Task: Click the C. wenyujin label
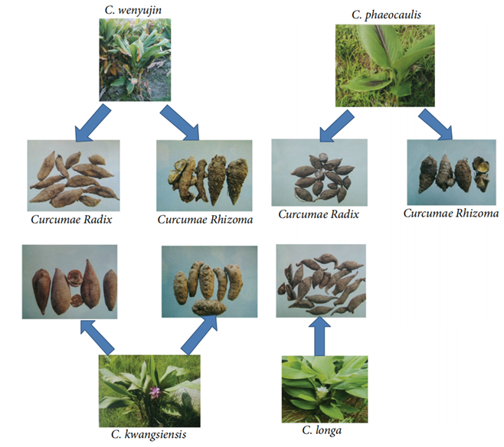pyautogui.click(x=136, y=10)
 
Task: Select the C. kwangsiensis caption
pyautogui.click(x=149, y=435)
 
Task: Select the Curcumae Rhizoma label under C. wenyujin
pyautogui.click(x=205, y=220)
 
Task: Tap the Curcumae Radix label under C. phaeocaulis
pyautogui.click(x=318, y=215)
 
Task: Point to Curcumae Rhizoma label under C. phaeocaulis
pyautogui.click(x=451, y=214)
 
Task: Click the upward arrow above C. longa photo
pyautogui.click(x=320, y=334)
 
